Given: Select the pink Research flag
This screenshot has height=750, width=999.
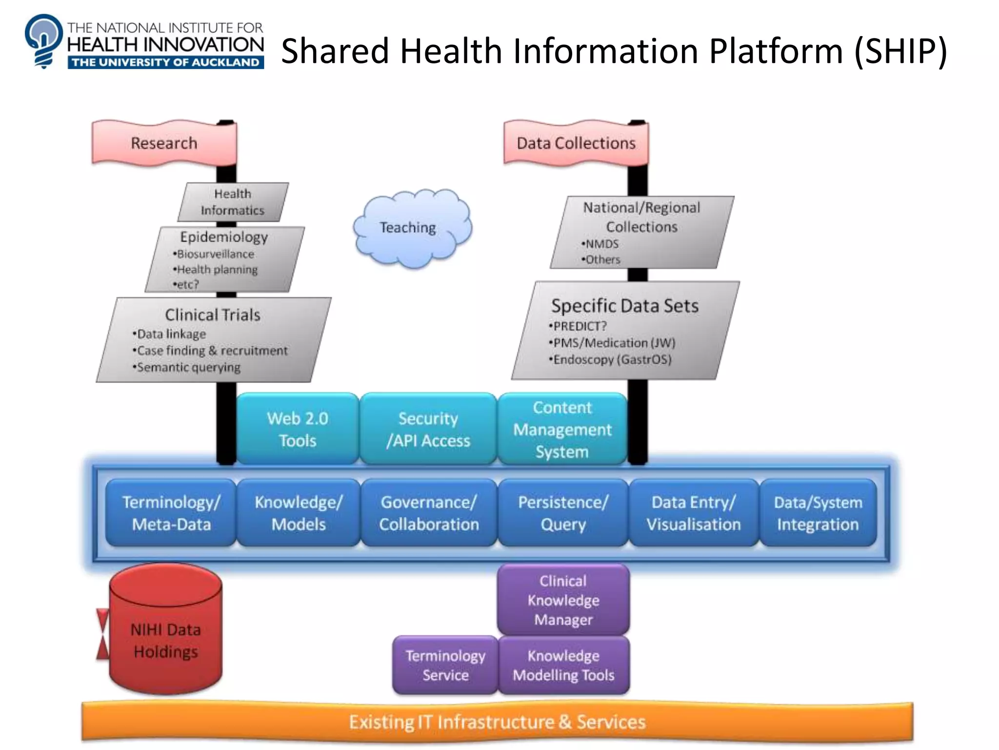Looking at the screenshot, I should tap(164, 143).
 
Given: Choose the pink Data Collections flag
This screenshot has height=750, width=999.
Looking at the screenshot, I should tap(576, 143).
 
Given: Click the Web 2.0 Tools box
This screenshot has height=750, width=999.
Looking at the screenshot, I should tap(298, 429).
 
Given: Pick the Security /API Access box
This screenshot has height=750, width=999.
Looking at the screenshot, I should tap(428, 429).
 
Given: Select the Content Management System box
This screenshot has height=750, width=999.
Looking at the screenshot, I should tap(562, 429).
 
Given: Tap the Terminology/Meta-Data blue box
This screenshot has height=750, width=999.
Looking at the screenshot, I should tap(171, 513).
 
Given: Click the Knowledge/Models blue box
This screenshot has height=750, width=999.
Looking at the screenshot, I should tap(299, 513).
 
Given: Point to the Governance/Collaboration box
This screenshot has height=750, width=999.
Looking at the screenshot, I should tap(429, 513).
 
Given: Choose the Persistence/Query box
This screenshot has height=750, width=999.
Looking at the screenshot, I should tap(563, 513).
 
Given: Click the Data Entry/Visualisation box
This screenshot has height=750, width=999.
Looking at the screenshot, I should tap(694, 513).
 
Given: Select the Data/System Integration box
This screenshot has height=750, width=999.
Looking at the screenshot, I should tap(818, 513).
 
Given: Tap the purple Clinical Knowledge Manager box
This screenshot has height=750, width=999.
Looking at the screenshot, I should tap(563, 600).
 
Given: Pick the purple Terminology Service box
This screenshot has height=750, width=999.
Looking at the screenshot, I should tap(445, 665).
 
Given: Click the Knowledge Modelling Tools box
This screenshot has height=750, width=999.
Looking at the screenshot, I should tap(563, 665).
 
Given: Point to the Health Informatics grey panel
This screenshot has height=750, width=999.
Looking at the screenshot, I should tap(233, 202).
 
